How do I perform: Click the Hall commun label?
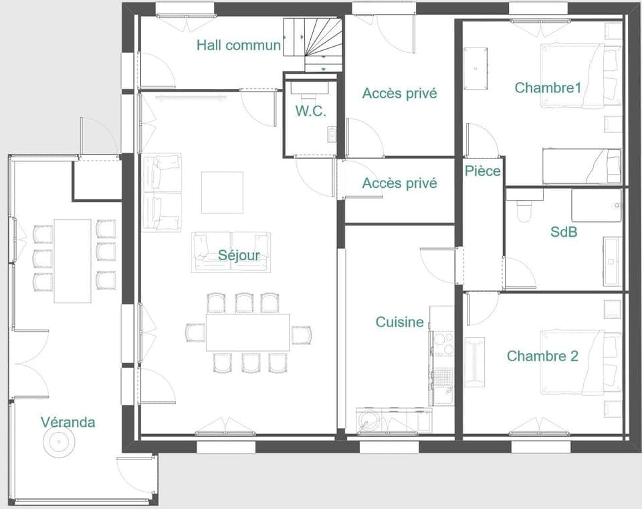click(238, 45)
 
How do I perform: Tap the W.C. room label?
click(311, 112)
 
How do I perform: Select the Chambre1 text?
click(548, 87)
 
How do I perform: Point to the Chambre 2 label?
click(542, 356)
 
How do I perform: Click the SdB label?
click(564, 232)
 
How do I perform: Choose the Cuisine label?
click(399, 322)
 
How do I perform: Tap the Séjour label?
click(239, 255)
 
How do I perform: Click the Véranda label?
click(68, 422)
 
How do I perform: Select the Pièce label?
click(482, 171)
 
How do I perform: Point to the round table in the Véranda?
click(57, 441)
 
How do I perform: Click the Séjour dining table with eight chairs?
click(248, 332)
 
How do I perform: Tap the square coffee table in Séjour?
click(222, 192)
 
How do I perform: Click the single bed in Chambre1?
click(580, 166)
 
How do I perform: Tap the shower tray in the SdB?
click(597, 205)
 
